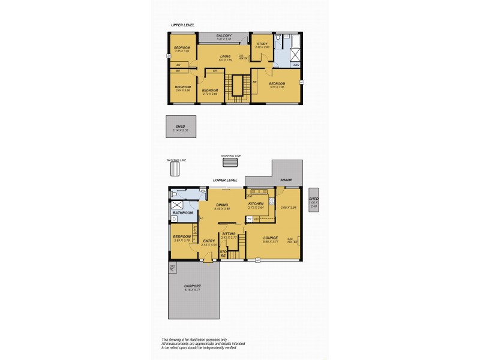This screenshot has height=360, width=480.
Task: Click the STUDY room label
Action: point(262,44)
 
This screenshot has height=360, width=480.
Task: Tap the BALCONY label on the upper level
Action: point(224,35)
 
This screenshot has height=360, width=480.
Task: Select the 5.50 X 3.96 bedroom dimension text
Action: point(277,87)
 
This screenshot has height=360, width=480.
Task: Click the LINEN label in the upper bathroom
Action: point(296,65)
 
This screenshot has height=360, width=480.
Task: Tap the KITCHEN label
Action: point(256,204)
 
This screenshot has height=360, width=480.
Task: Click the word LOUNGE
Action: point(271,238)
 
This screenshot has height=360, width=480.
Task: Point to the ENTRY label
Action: point(209,241)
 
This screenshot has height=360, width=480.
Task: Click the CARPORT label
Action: point(193,286)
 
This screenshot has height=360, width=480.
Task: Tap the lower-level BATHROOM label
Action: point(182,212)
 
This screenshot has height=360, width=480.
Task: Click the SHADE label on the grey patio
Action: point(286,179)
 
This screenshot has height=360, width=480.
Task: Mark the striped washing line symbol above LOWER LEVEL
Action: point(230,163)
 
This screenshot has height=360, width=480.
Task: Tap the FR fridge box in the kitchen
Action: point(249,219)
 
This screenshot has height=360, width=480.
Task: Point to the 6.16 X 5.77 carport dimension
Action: point(193,290)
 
